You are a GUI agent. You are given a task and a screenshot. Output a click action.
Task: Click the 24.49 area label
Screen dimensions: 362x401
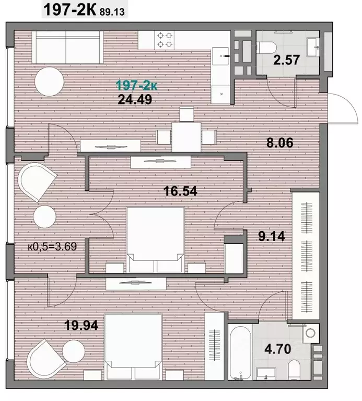point(135,99)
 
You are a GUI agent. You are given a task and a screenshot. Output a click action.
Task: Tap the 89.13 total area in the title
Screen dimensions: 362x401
point(112,12)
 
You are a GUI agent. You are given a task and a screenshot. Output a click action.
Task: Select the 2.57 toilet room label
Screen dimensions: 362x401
point(286,60)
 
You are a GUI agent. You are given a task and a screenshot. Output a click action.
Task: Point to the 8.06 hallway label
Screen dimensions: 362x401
point(280,143)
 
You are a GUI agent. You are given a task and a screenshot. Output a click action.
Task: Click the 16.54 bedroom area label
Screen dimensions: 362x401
point(180,191)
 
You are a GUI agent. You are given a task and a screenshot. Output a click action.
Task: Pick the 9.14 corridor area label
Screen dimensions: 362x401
point(271,236)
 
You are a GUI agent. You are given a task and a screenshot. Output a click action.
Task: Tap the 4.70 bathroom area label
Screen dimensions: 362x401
point(278,349)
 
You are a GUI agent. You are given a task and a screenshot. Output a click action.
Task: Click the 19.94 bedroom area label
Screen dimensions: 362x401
point(81,325)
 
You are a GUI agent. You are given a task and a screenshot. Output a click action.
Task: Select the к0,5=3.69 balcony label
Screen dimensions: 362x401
point(52,247)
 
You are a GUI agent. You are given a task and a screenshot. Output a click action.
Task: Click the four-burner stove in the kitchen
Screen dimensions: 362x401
point(165,40)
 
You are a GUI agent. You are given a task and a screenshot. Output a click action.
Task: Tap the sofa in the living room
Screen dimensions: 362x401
point(67,47)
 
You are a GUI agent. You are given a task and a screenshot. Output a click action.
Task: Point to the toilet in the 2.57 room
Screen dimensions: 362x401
point(266,48)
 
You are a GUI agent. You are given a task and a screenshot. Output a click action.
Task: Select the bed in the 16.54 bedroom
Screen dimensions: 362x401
point(155,240)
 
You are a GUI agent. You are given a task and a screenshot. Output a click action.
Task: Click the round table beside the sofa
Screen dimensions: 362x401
point(49,82)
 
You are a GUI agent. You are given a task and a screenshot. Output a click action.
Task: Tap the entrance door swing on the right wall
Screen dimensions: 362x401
point(343,108)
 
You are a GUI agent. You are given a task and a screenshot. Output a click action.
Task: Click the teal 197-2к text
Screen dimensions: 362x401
point(137,85)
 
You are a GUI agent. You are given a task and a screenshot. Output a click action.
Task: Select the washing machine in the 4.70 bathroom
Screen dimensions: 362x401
point(311,333)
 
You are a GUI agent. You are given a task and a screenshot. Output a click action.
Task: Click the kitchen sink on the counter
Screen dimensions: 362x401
point(220,56)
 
